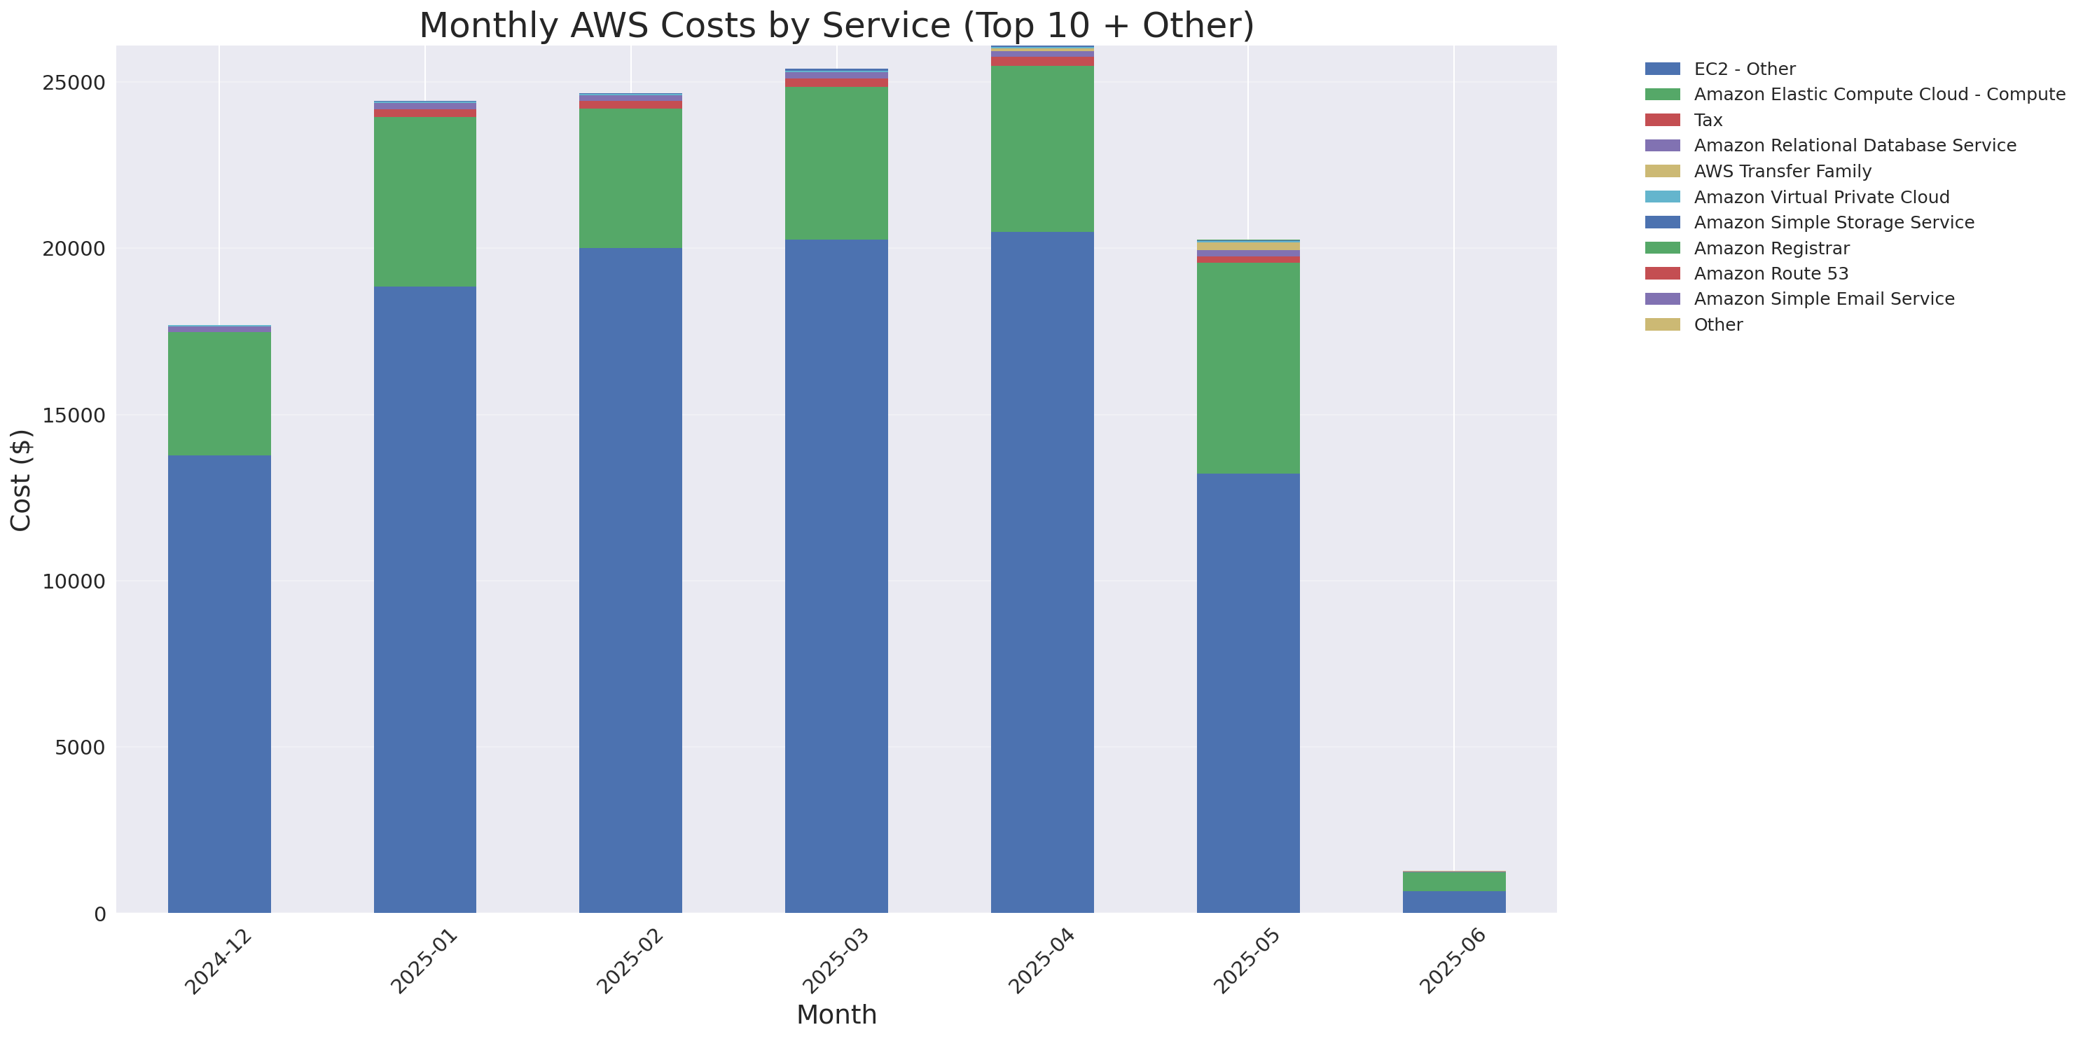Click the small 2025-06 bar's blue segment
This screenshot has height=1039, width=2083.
1453,902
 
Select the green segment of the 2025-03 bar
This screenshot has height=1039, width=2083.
836,163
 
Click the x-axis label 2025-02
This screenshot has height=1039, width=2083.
629,961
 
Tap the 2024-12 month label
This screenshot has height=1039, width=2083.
218,961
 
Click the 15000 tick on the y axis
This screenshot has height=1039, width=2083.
74,415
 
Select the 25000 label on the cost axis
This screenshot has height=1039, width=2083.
74,83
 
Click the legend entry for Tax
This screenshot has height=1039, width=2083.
1708,121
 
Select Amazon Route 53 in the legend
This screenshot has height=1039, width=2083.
1771,273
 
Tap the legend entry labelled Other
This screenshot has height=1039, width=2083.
1717,325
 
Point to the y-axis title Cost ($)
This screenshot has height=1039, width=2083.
21,481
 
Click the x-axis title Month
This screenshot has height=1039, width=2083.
836,1014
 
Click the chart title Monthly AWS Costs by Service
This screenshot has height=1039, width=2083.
836,25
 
